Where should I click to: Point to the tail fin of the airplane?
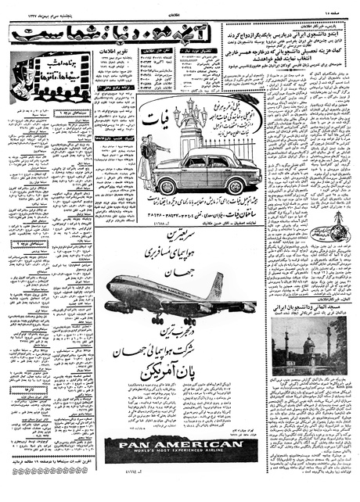(214, 285)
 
